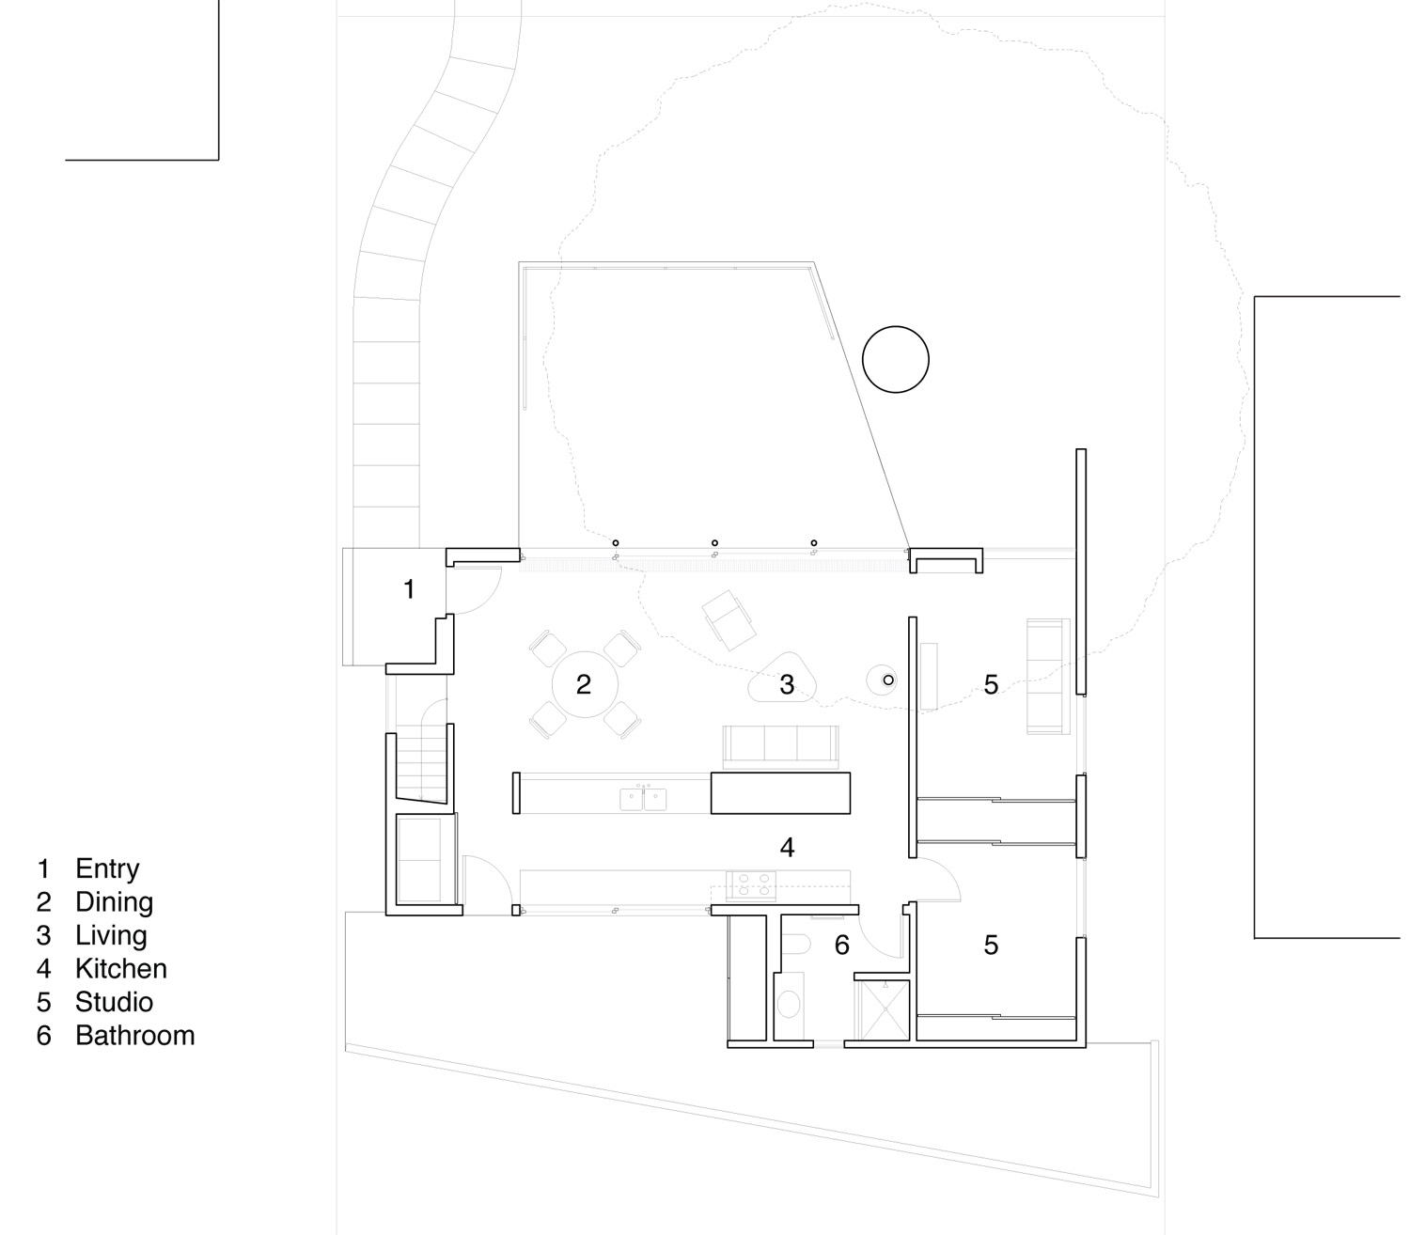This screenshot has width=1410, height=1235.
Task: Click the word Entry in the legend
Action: [x=107, y=868]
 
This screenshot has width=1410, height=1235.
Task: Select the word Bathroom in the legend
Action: [x=135, y=1036]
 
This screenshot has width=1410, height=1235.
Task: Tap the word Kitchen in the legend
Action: [x=121, y=968]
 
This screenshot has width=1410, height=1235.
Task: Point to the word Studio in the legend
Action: [x=114, y=1002]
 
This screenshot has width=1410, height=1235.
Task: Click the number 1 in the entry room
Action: [x=409, y=589]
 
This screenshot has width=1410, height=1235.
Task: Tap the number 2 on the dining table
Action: [x=583, y=684]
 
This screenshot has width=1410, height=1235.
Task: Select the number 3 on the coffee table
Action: [x=787, y=684]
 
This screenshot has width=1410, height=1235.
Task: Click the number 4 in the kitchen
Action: [x=787, y=848]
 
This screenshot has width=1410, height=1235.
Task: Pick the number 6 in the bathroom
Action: [x=841, y=945]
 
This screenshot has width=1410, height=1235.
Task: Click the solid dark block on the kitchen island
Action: [x=780, y=792]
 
